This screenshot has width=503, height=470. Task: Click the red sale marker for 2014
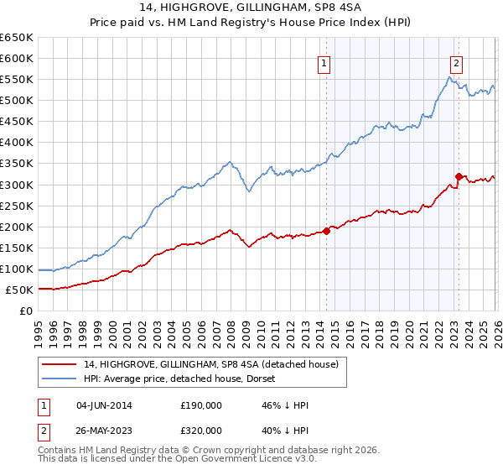[326, 231]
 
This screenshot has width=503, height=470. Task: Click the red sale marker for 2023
[459, 176]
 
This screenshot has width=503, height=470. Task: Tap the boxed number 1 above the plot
[324, 61]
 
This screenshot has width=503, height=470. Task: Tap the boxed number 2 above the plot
[457, 61]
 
